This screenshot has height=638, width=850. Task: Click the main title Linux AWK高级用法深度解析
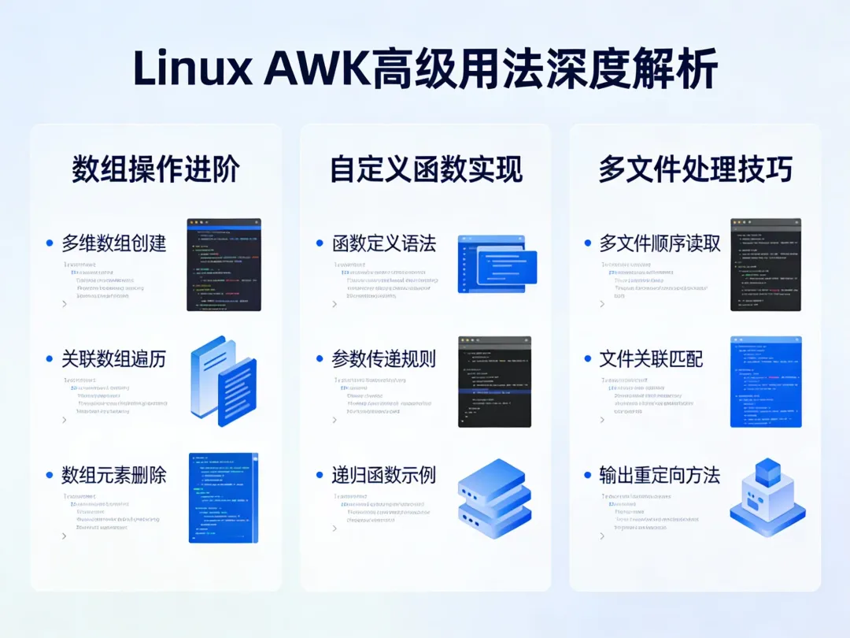(x=425, y=70)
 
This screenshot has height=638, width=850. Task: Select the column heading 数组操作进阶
(x=156, y=169)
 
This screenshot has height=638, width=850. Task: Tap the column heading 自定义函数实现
(x=426, y=169)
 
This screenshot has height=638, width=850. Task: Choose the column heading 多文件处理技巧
(x=695, y=169)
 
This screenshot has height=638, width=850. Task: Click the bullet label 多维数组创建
(x=114, y=243)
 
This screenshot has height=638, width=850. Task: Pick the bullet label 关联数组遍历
(x=114, y=359)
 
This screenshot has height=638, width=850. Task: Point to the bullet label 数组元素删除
(x=114, y=475)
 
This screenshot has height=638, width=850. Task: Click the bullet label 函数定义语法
(x=384, y=243)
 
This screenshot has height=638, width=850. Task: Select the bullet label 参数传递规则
(x=384, y=359)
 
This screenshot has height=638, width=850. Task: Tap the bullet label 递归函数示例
(x=384, y=475)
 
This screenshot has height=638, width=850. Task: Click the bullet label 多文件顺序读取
(x=660, y=243)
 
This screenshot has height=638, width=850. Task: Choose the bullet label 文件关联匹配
(x=651, y=359)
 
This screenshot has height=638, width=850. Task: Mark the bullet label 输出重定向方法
(x=660, y=475)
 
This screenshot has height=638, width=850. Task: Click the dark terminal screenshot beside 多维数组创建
(x=224, y=265)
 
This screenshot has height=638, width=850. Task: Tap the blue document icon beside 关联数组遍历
(x=224, y=381)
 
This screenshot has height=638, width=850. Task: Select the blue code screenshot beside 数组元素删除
(x=224, y=498)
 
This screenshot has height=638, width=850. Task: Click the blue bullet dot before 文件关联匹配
(x=588, y=360)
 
